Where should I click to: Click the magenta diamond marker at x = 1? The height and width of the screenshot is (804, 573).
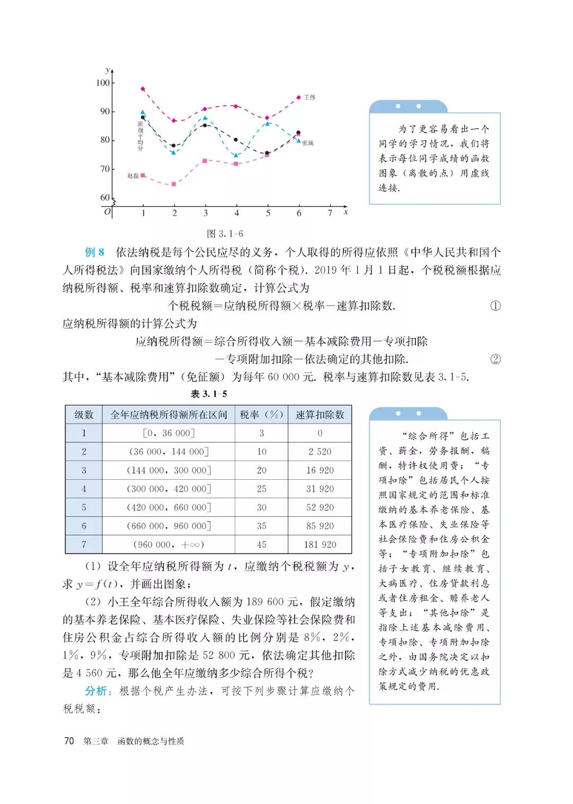pyautogui.click(x=143, y=89)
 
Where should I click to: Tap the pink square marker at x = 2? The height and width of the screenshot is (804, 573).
pyautogui.click(x=173, y=184)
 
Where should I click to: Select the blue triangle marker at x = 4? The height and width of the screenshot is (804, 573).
pyautogui.click(x=236, y=155)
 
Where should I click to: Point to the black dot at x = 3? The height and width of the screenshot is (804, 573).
pyautogui.click(x=205, y=125)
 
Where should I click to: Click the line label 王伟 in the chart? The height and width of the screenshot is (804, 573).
pyautogui.click(x=310, y=98)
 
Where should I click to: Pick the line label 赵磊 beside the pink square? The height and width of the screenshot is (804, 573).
pyautogui.click(x=133, y=176)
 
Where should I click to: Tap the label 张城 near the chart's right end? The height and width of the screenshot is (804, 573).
pyautogui.click(x=308, y=143)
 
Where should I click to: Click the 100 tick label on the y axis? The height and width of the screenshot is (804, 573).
pyautogui.click(x=102, y=83)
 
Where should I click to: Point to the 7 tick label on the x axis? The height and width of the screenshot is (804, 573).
pyautogui.click(x=330, y=213)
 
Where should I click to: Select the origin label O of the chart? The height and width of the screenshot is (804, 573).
pyautogui.click(x=107, y=212)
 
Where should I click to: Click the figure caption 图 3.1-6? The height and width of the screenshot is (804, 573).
pyautogui.click(x=224, y=234)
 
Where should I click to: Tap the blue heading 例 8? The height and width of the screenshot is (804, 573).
pyautogui.click(x=94, y=252)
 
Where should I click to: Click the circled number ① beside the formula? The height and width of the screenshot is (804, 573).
pyautogui.click(x=495, y=306)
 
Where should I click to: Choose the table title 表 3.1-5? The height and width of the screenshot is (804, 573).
pyautogui.click(x=209, y=394)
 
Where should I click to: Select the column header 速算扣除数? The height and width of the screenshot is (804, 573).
pyautogui.click(x=319, y=414)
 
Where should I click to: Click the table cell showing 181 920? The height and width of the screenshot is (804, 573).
pyautogui.click(x=319, y=544)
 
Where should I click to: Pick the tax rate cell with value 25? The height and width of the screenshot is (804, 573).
pyautogui.click(x=262, y=489)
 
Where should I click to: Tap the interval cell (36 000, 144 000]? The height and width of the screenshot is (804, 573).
pyautogui.click(x=169, y=452)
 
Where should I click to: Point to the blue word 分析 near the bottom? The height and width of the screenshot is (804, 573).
pyautogui.click(x=98, y=691)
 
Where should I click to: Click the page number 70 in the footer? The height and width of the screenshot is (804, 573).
pyautogui.click(x=69, y=741)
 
